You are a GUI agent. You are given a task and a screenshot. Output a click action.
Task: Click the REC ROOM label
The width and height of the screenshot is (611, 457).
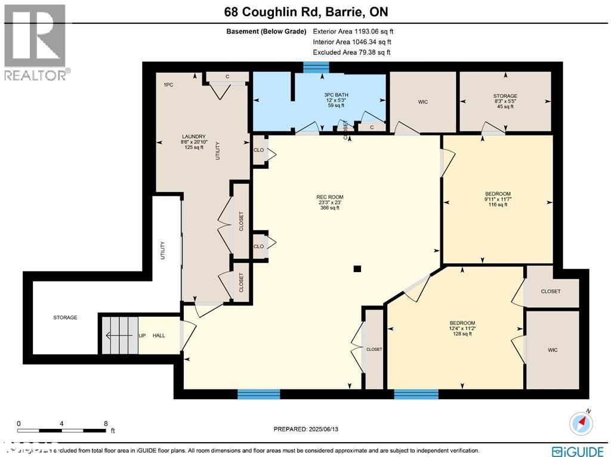click(329, 197)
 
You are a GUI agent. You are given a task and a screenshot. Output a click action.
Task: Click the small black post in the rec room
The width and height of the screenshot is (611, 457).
click(357, 269)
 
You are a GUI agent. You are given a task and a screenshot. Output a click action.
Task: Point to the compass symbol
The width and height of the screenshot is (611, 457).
click(581, 422)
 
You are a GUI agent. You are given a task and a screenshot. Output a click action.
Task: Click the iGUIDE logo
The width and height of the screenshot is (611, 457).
click(577, 451)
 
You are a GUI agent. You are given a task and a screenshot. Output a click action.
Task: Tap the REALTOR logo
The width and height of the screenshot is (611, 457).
click(36, 42)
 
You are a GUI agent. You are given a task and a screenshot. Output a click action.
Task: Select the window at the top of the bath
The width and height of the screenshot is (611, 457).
click(311, 67)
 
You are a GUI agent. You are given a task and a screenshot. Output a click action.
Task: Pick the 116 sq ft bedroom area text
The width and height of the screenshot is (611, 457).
click(497, 205)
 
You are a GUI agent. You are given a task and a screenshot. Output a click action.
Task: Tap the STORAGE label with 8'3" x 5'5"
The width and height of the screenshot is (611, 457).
click(505, 95)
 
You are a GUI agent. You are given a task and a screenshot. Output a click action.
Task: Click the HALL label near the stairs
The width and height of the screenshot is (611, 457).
click(159, 335)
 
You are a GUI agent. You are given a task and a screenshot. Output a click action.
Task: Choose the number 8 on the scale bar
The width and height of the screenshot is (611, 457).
click(106, 423)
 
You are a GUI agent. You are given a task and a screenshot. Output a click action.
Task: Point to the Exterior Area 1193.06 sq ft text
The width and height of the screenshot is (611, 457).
click(351, 32)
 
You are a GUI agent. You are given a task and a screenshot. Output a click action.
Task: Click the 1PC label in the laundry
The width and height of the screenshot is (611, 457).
click(168, 85)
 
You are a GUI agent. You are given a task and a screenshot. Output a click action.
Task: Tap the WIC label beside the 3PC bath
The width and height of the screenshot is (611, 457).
click(422, 102)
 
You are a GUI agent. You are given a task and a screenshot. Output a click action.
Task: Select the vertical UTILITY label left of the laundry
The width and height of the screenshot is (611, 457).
click(162, 250)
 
